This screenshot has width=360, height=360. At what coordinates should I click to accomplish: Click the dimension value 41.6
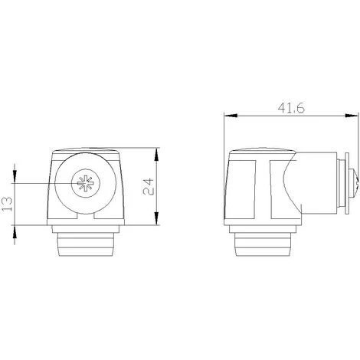(291, 108)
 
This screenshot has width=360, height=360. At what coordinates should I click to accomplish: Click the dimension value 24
(149, 187)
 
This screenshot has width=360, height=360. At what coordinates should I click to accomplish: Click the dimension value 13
(7, 204)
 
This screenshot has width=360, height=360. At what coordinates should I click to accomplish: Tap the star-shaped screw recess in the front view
(86, 183)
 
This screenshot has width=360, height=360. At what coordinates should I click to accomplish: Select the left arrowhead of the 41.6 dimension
(231, 116)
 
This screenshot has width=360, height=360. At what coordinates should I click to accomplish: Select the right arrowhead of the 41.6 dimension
(352, 116)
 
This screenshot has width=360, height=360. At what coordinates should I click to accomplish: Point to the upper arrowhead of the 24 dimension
(156, 154)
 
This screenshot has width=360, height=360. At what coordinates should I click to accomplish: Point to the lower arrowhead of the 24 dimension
(156, 218)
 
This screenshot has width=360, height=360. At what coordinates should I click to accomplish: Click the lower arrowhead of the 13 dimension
(15, 232)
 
